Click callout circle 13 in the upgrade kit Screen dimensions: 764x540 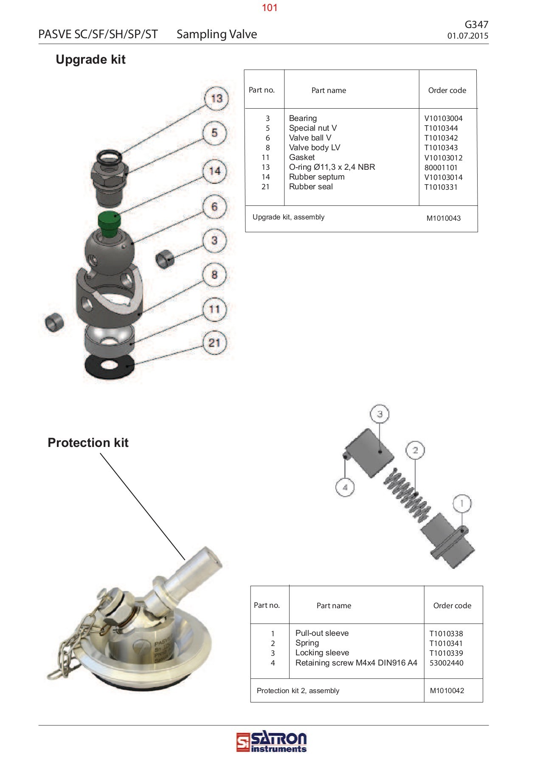pyautogui.click(x=217, y=98)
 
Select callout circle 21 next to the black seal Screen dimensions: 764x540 pyautogui.click(x=214, y=343)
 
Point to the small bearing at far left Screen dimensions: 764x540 pyautogui.click(x=54, y=321)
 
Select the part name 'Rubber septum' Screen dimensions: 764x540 pyautogui.click(x=317, y=177)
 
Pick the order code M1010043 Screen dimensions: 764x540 pyautogui.click(x=443, y=219)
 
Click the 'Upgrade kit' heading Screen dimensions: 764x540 pyautogui.click(x=90, y=59)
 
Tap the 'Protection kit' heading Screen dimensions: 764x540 pyautogui.click(x=88, y=443)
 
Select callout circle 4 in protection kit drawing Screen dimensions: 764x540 pyautogui.click(x=345, y=487)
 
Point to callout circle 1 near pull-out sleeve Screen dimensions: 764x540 pyautogui.click(x=462, y=504)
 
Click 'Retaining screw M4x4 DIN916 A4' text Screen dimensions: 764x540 pyautogui.click(x=356, y=663)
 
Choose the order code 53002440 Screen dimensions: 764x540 pyautogui.click(x=446, y=663)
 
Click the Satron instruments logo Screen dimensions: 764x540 pyautogui.click(x=271, y=743)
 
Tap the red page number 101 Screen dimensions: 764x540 pyautogui.click(x=270, y=8)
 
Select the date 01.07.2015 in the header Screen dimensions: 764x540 pyautogui.click(x=467, y=36)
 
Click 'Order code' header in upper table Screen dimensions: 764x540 pyautogui.click(x=447, y=90)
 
